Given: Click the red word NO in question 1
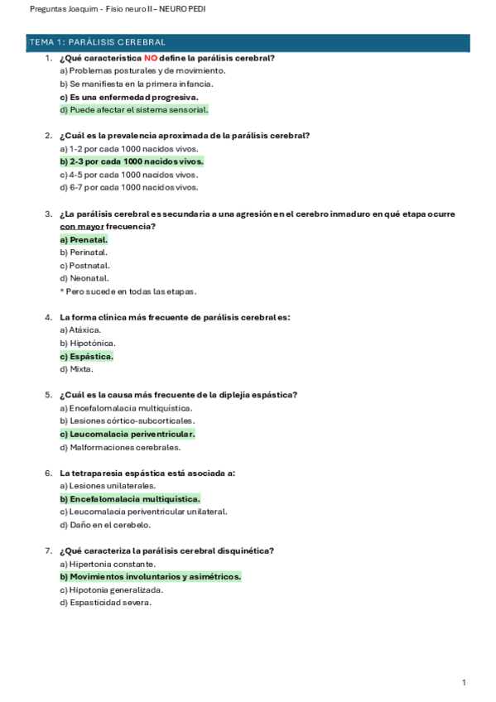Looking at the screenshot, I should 151,58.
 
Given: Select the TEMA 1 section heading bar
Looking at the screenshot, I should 248,41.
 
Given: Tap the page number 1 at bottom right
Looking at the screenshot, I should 464,682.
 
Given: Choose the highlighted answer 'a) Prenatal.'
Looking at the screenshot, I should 84,239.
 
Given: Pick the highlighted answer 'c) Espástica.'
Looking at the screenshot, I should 86,356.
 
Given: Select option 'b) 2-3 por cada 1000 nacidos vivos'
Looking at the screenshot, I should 132,161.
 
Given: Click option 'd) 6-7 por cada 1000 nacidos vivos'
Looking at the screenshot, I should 128,187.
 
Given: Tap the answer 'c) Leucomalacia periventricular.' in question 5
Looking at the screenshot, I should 128,434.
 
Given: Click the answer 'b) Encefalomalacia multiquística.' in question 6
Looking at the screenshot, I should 129,499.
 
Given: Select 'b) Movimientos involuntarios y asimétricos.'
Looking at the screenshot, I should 150,576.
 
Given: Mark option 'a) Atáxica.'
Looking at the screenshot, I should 80,329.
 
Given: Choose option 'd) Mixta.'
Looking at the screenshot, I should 76,369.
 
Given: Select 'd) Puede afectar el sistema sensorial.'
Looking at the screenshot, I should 133,109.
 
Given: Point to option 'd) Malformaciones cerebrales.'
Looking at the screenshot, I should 119,447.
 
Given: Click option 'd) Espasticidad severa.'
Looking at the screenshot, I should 106,603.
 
